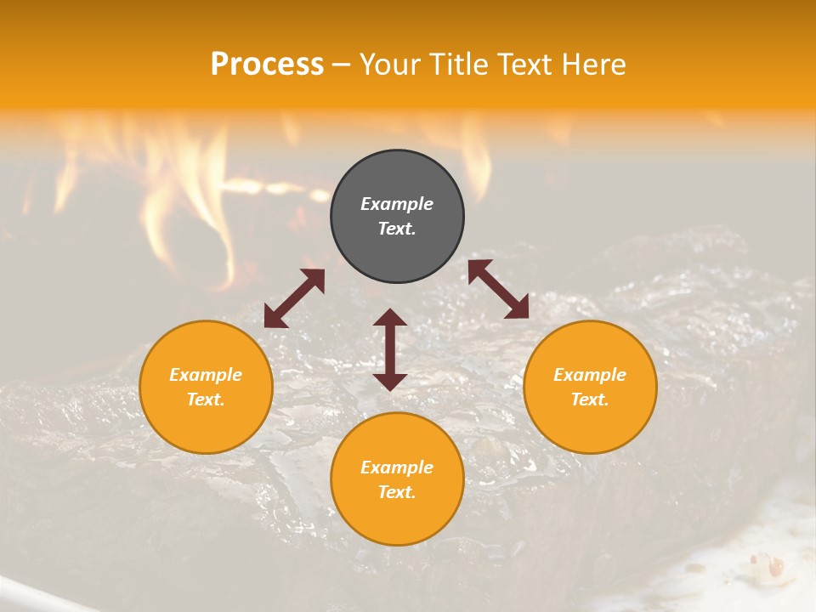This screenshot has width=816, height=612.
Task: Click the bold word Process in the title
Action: [x=267, y=65]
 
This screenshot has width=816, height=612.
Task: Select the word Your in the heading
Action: [x=389, y=65]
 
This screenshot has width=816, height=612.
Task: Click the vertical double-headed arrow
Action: [x=390, y=349]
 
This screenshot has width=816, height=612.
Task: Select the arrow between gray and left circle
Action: [x=294, y=298]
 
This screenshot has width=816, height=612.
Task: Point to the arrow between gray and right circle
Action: [x=498, y=289]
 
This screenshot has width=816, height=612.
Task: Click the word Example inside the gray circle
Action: [x=397, y=204]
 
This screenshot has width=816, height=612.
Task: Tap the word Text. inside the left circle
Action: [x=206, y=399]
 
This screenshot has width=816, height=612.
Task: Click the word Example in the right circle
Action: [x=590, y=375]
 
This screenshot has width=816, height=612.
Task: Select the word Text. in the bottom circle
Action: [x=397, y=492]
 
